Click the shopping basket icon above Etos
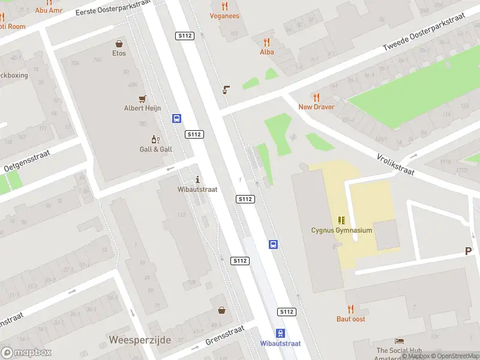click(x=120, y=44)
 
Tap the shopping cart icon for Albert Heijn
click(x=142, y=99)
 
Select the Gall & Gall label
click(x=155, y=149)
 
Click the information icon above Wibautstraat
click(x=198, y=179)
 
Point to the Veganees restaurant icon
click(x=225, y=7)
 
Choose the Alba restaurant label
click(x=266, y=52)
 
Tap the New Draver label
click(x=316, y=107)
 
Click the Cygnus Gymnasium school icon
click(x=341, y=221)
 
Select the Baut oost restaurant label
click(x=350, y=319)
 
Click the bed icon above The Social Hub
click(x=399, y=341)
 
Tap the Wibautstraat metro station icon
click(x=280, y=334)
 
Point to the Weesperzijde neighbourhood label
click(x=140, y=340)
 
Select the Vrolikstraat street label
click(x=396, y=163)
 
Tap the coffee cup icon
click(x=226, y=90)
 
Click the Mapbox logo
click(x=26, y=353)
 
